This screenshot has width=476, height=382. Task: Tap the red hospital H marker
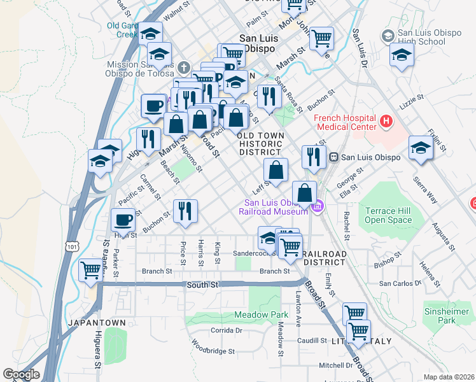coord(385,120)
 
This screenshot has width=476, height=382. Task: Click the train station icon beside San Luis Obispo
coord(333,157)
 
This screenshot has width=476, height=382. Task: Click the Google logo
coord(20,374)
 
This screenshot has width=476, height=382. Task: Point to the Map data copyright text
coord(448,377)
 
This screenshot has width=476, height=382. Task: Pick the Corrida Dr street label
coord(227,330)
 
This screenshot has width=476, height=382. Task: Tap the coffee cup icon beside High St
coord(123,220)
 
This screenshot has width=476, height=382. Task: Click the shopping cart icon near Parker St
coord(90,270)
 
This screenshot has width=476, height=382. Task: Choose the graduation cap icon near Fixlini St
coord(421,148)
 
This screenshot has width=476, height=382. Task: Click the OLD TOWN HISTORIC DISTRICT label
coord(259,144)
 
